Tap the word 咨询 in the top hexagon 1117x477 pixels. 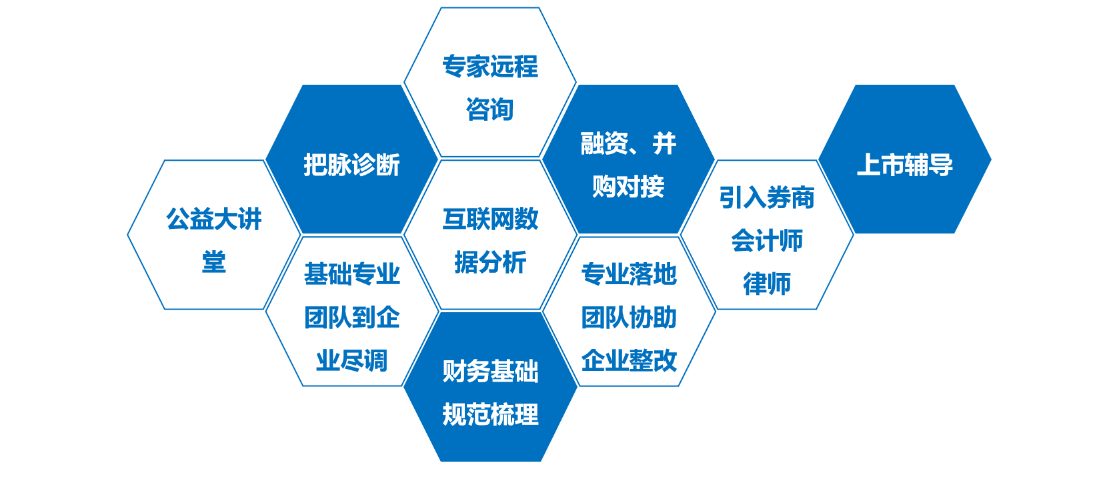tap(489, 109)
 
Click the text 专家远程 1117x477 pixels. tap(489, 67)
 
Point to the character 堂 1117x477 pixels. tap(213, 262)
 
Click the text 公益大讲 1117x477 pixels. tap(213, 219)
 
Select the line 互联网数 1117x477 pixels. tap(490, 219)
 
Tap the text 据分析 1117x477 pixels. tap(490, 262)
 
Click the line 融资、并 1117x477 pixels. tap(628, 143)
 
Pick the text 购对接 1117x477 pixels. tap(628, 186)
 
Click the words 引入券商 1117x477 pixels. tap(767, 197)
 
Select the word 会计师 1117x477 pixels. tap(767, 241)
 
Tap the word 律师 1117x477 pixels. tap(767, 284)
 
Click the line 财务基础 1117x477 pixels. tap(490, 372)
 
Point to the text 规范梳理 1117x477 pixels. tap(490, 415)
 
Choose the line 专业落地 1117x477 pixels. tap(629, 274)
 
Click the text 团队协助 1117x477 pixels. tap(629, 317)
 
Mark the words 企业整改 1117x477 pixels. tap(629, 360)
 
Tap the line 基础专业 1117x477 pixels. tap(351, 274)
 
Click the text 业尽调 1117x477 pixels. tap(351, 360)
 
